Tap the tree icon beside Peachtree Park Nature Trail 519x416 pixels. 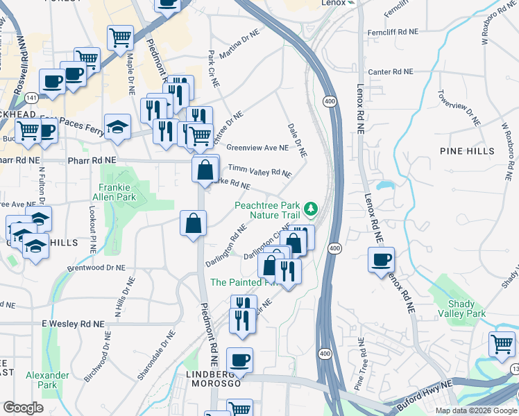tap(312, 207)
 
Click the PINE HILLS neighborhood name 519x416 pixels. tap(467, 150)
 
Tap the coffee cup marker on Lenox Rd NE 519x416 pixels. tap(381, 261)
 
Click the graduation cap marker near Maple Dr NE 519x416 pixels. tap(119, 127)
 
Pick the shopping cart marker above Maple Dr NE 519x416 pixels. tap(121, 37)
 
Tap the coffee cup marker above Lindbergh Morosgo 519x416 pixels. tap(240, 360)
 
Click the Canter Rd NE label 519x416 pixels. tap(390, 71)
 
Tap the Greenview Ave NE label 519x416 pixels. tap(257, 148)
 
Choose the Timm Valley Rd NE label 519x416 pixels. tap(259, 171)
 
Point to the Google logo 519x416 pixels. tap(23, 408)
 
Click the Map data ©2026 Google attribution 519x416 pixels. tap(476, 410)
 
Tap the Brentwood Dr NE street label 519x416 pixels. tap(96, 267)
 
